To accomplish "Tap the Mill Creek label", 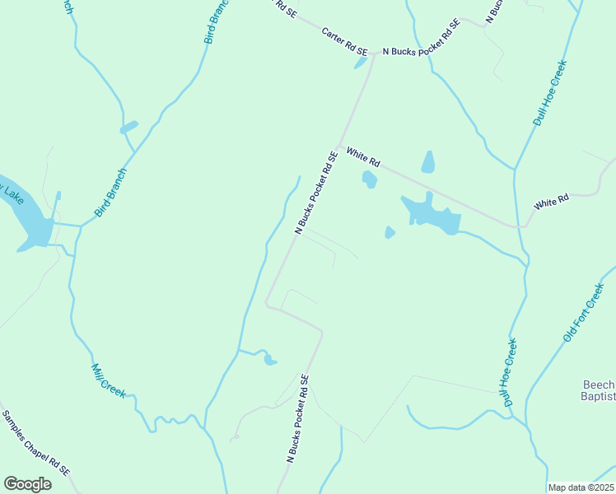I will click(109, 381).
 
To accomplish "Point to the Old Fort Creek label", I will click(584, 315).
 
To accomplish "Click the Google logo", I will click(27, 484).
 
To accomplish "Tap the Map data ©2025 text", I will click(580, 487).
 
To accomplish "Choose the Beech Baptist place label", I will click(599, 392).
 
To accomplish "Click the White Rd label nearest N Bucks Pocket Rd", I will click(363, 155).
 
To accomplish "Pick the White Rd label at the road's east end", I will click(551, 201).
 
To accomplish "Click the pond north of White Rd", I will click(427, 162).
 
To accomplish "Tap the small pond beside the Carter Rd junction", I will click(361, 63).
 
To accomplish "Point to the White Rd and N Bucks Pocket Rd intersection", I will click(339, 146).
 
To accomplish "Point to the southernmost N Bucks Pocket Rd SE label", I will click(297, 417).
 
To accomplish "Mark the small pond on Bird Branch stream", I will click(128, 128).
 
